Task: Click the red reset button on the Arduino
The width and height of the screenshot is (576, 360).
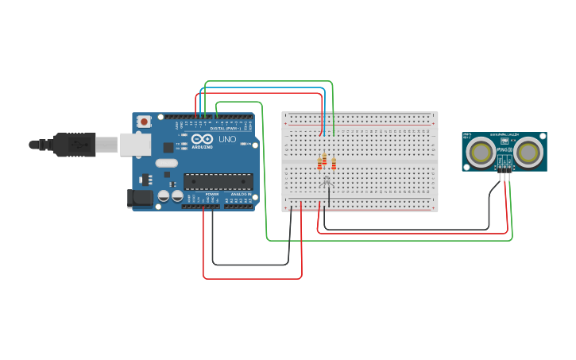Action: tap(144, 122)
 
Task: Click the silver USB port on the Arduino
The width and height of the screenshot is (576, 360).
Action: tap(135, 144)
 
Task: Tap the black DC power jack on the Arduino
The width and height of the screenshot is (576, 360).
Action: tap(140, 198)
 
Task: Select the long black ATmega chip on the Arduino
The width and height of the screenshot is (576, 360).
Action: tap(218, 181)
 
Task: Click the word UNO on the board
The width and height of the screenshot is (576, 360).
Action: tap(227, 139)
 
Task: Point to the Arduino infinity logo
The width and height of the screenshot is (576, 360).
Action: tap(202, 139)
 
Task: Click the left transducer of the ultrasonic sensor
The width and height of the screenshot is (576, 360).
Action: tap(481, 152)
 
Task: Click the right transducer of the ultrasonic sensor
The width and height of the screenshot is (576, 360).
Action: tap(528, 152)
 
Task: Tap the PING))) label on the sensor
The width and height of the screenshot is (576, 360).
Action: tap(504, 149)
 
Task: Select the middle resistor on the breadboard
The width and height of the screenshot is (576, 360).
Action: tap(324, 159)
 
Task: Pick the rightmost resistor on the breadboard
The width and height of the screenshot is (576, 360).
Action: tap(334, 164)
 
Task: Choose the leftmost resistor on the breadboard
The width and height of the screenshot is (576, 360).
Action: tap(319, 164)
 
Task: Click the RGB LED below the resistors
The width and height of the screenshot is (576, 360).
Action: tap(326, 182)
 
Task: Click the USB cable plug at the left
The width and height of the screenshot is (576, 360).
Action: tap(75, 145)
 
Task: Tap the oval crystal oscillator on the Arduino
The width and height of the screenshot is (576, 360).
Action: tap(167, 163)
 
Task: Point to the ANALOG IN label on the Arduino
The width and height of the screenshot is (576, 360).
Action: tap(241, 194)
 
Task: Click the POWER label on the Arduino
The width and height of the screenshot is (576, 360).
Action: tap(212, 194)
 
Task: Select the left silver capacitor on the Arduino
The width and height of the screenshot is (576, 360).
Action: tap(164, 195)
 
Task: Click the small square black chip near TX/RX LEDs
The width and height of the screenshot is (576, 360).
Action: tap(168, 147)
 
